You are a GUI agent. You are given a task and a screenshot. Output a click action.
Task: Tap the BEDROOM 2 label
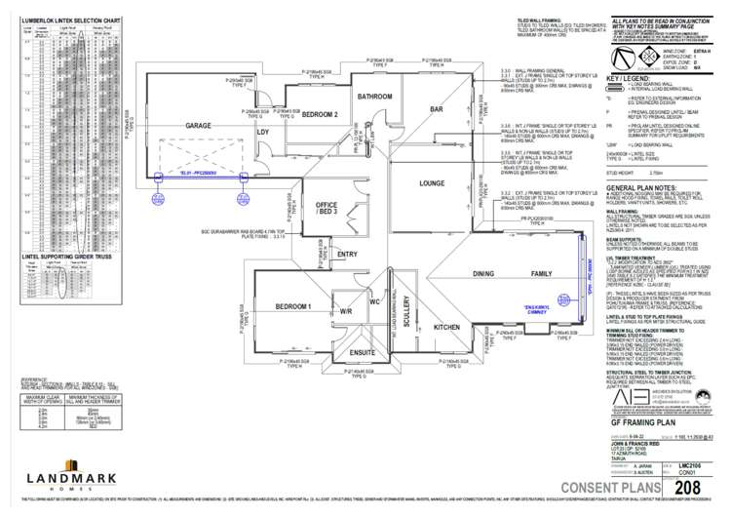point(320,114)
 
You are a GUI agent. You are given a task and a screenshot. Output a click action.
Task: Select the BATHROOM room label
point(372,97)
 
